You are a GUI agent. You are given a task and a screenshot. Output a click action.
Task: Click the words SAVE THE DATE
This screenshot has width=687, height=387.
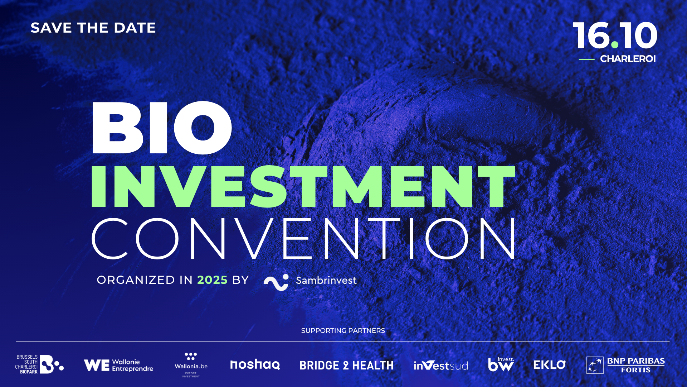pos(93,28)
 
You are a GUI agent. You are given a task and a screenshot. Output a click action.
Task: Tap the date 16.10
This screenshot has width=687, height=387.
pos(615,35)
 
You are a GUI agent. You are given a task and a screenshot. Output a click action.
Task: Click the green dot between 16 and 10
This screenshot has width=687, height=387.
pos(615,44)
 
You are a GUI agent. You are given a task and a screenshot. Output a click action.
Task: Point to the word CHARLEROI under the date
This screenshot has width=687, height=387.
pos(628,59)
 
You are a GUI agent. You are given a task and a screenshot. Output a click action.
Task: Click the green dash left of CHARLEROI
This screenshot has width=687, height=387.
pos(586,59)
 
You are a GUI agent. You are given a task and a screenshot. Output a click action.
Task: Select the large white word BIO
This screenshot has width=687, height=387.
pos(162,128)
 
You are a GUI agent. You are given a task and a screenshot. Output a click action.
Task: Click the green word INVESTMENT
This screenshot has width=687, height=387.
pos(303,186)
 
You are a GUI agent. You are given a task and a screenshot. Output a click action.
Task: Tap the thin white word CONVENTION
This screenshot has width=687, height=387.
pos(303,238)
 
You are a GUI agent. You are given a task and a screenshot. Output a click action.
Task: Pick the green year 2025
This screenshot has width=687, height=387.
pos(212,280)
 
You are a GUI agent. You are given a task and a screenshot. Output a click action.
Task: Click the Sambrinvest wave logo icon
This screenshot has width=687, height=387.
pos(276,282)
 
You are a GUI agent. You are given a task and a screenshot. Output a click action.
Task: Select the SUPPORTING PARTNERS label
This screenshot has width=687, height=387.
pos(343,331)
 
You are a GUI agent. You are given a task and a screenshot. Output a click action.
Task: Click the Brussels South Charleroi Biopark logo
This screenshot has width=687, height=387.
pos(39,364)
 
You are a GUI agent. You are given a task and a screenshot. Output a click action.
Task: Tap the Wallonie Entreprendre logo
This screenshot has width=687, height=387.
pos(118,365)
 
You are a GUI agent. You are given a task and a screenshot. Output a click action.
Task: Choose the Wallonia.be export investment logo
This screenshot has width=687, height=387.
pos(191,365)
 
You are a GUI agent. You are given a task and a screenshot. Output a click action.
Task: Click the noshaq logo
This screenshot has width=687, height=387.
pos(255,364)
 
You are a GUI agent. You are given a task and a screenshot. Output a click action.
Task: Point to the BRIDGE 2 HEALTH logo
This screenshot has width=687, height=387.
pos(346,365)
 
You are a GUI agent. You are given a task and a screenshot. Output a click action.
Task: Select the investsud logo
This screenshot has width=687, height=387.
pos(441,365)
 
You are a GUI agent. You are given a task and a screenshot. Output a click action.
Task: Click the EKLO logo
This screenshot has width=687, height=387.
pos(550,365)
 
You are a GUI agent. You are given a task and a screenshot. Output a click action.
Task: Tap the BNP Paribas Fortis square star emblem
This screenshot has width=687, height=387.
pos(595,365)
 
